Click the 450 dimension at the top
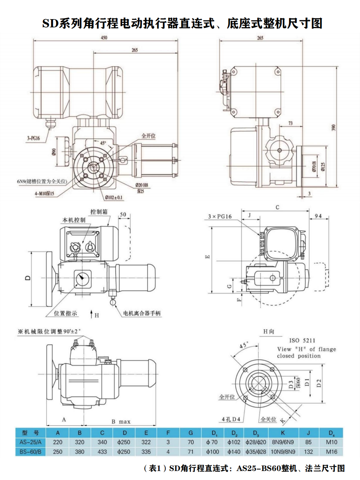pos(104,37)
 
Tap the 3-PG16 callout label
pos(33,138)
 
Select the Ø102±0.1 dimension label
pos(114,197)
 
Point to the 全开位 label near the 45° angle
pos(148,136)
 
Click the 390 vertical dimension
pos(333,128)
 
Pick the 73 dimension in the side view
pos(291,123)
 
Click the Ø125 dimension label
pos(323,166)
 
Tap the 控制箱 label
pos(99,212)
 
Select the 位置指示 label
pos(66,313)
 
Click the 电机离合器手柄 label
pos(142,313)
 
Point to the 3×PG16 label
pos(220,216)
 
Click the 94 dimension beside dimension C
pos(318,216)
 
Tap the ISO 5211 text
pos(302,340)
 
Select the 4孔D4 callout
pos(231,419)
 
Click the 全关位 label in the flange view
pos(268,419)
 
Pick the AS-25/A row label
pos(31,442)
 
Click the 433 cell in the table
pos(102,452)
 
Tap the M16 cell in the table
pos(331,452)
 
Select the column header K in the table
pos(283,433)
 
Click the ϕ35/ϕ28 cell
pos(256,452)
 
